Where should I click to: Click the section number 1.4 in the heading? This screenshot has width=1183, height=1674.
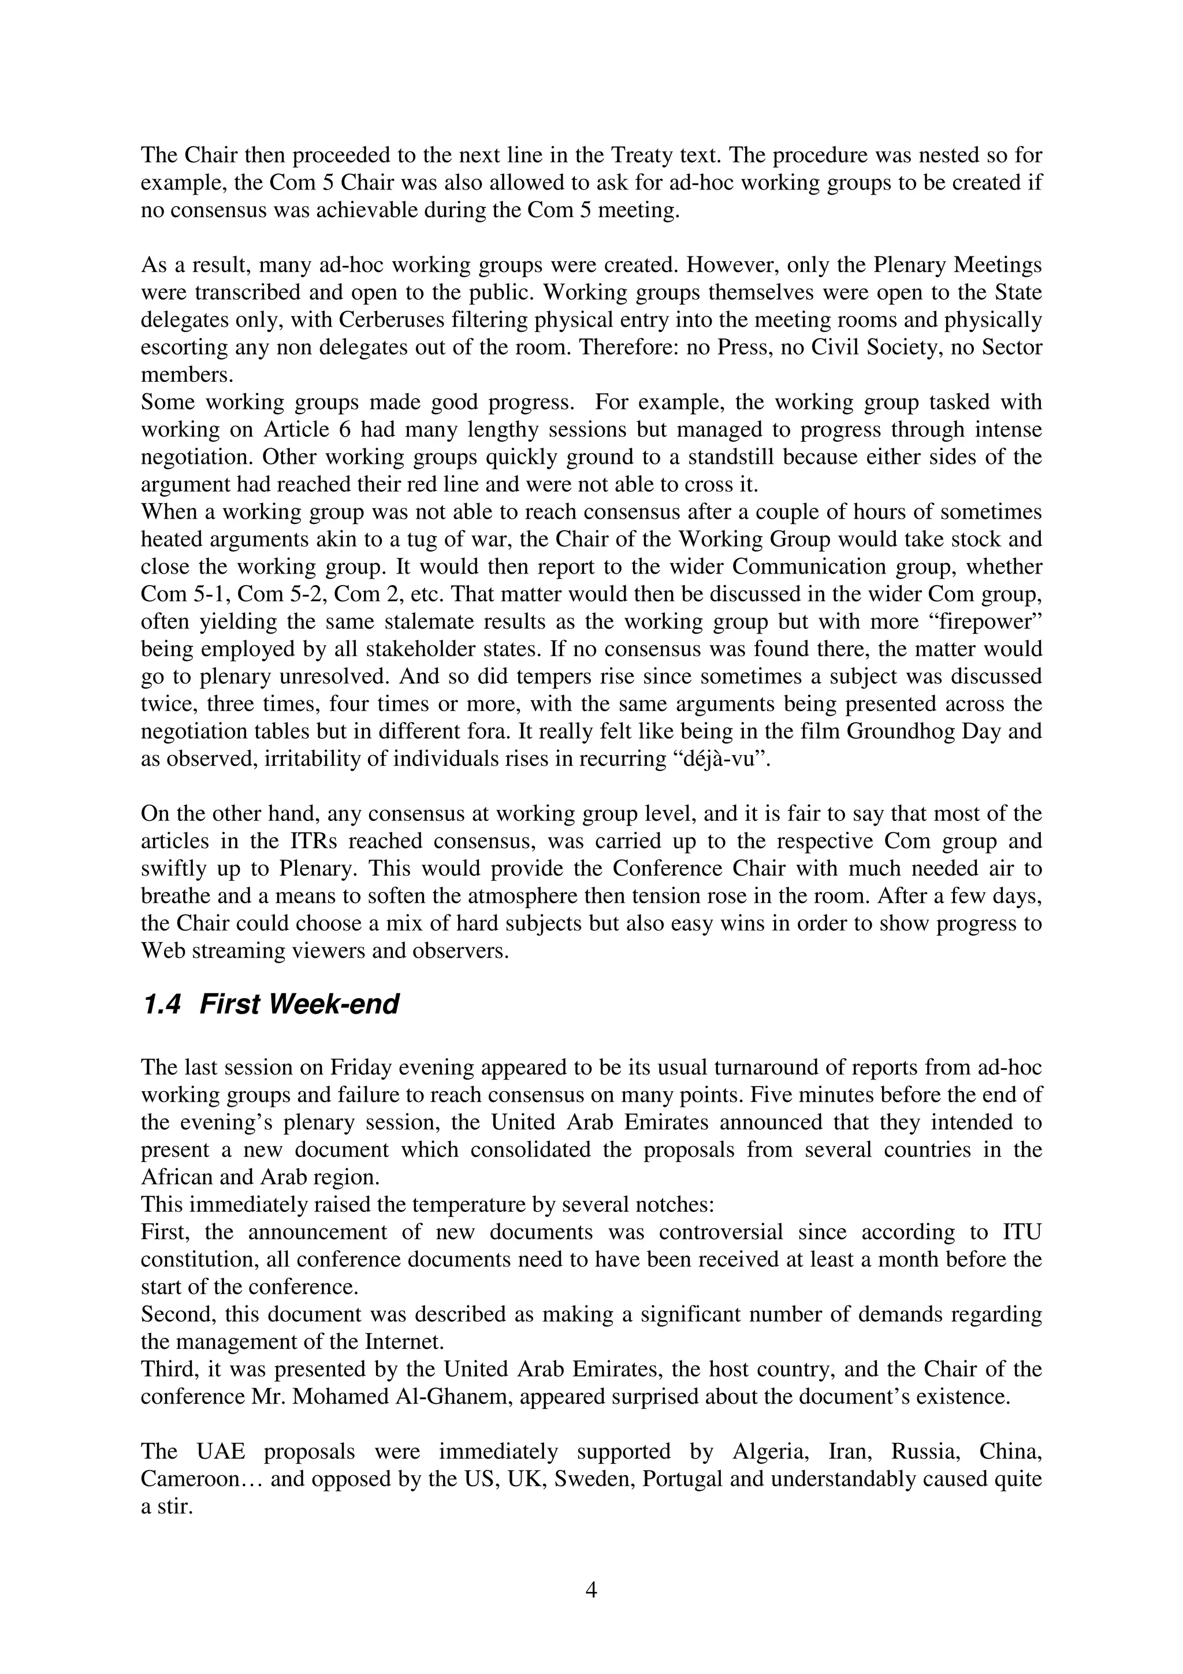161,1005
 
